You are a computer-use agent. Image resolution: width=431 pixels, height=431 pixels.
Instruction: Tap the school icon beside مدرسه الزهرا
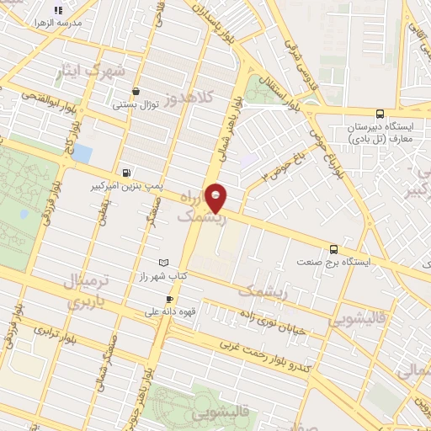(58, 11)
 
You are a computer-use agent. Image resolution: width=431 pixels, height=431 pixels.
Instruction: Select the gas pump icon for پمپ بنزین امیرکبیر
(126, 173)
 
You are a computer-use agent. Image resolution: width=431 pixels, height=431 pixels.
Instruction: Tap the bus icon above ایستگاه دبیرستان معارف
(380, 114)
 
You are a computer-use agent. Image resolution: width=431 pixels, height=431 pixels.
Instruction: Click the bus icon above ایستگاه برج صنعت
(334, 249)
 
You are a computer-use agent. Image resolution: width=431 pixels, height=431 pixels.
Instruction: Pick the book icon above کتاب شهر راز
(163, 263)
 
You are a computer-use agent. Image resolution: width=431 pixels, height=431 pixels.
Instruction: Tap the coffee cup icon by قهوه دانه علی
(169, 299)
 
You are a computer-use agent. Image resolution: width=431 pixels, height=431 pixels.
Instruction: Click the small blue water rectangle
(82, 154)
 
